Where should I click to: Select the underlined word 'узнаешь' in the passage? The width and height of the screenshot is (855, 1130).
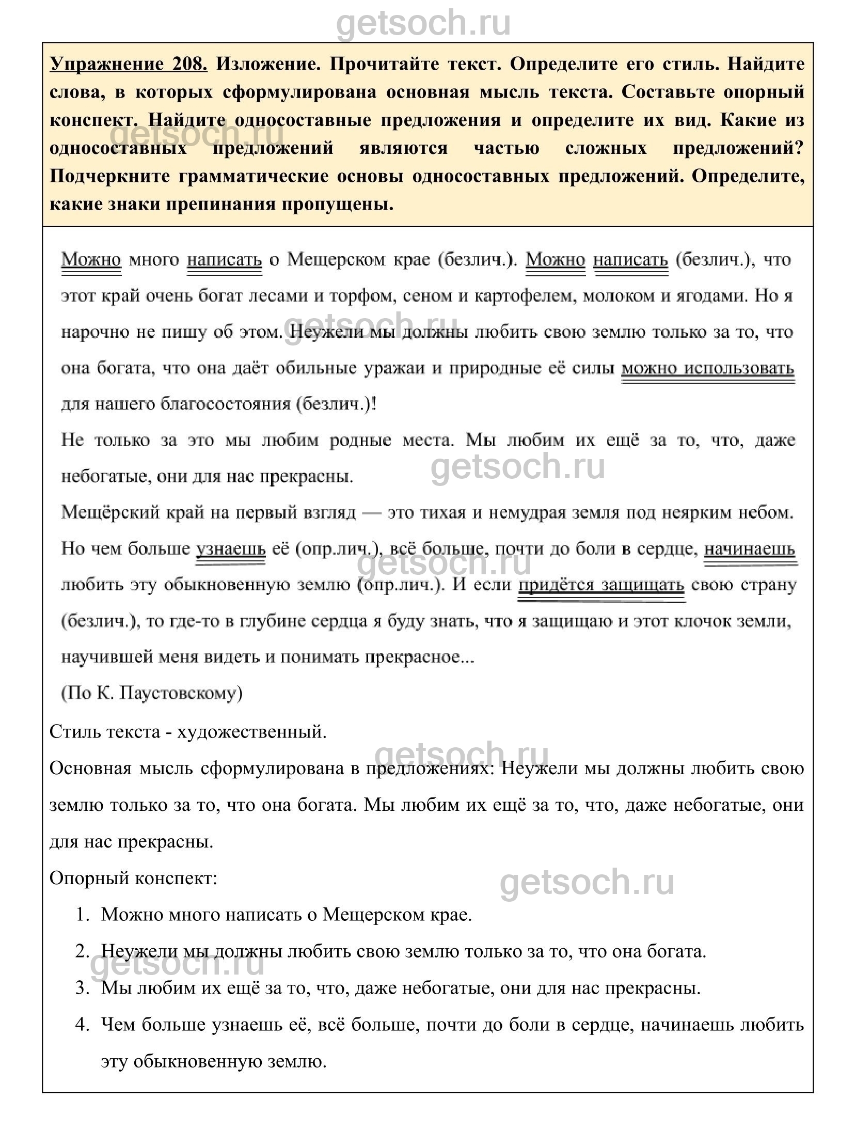(x=230, y=548)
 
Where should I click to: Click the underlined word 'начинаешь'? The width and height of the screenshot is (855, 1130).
(x=749, y=548)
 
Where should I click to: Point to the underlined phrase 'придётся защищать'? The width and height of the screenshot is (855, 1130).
(x=601, y=585)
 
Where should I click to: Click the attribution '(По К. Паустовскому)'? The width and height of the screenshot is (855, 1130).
(x=152, y=693)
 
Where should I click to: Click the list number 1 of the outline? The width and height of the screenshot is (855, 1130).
(x=83, y=915)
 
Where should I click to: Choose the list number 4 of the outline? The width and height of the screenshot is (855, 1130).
(x=83, y=1025)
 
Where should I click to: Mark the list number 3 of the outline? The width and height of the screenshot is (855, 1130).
(x=83, y=988)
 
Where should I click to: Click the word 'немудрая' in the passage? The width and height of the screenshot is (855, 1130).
(x=501, y=513)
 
